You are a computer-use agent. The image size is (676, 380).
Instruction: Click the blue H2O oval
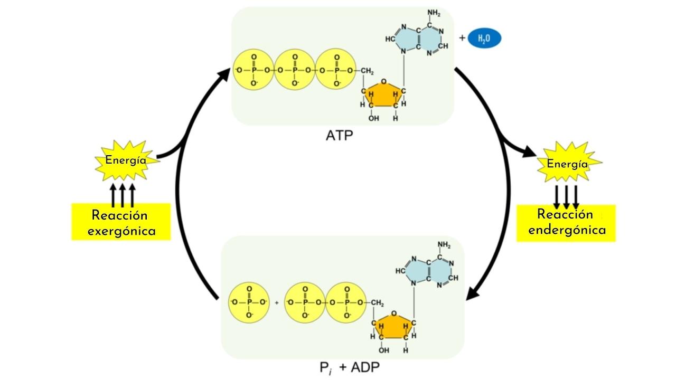[484, 39]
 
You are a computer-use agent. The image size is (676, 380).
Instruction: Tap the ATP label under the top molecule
[339, 136]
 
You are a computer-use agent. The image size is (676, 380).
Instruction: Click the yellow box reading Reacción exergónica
[121, 222]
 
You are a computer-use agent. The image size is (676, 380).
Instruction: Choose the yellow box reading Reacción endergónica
[566, 223]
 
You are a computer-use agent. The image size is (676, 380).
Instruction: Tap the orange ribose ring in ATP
[383, 93]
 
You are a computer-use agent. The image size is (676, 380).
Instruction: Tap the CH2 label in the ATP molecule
[368, 71]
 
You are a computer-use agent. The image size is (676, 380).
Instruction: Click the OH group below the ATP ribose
[374, 118]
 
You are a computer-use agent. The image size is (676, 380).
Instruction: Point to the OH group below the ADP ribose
[384, 350]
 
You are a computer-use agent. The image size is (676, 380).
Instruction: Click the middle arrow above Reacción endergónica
[567, 196]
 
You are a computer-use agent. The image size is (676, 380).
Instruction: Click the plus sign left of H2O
[462, 38]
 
